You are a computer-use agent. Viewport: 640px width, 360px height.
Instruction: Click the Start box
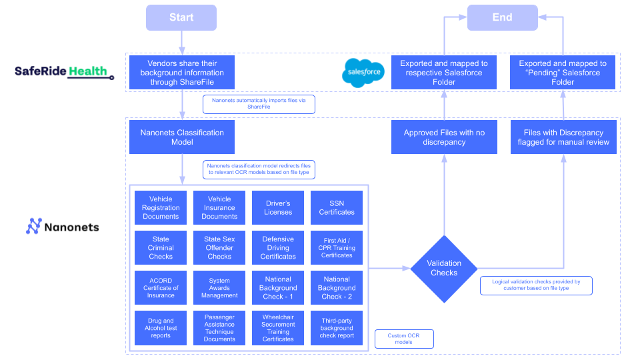click(x=181, y=17)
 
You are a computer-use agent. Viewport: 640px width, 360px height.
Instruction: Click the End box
click(x=502, y=17)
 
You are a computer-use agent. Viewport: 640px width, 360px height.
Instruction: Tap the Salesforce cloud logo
click(x=363, y=72)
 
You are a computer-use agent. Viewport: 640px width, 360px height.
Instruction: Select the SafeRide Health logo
click(x=64, y=71)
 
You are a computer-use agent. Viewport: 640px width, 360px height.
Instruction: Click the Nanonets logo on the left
click(x=63, y=227)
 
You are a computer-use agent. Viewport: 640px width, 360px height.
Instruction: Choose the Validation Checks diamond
click(x=444, y=268)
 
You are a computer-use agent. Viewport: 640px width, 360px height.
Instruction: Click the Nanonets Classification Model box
click(x=182, y=137)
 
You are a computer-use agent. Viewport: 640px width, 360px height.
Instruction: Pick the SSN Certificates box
click(x=337, y=208)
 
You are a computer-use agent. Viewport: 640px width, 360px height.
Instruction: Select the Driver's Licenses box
click(x=278, y=208)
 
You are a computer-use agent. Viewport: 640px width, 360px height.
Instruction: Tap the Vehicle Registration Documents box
click(x=161, y=208)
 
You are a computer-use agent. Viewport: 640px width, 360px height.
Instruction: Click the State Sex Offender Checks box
click(x=219, y=247)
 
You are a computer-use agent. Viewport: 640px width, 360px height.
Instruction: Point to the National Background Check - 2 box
click(x=337, y=287)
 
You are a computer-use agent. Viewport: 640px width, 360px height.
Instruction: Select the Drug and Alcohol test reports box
click(x=161, y=327)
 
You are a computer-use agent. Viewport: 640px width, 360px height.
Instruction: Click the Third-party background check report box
click(x=337, y=327)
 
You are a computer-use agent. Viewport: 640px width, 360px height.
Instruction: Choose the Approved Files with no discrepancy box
click(x=444, y=137)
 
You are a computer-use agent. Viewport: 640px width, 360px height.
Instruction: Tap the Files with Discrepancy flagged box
click(x=563, y=137)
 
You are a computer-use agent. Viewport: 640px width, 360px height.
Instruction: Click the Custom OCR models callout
click(x=405, y=339)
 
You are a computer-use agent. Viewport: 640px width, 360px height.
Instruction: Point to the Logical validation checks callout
click(x=536, y=285)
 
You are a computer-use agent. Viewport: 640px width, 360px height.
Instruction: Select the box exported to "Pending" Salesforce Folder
click(x=563, y=73)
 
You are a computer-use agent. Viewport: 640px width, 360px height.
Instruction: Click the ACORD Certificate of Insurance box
click(x=161, y=287)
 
